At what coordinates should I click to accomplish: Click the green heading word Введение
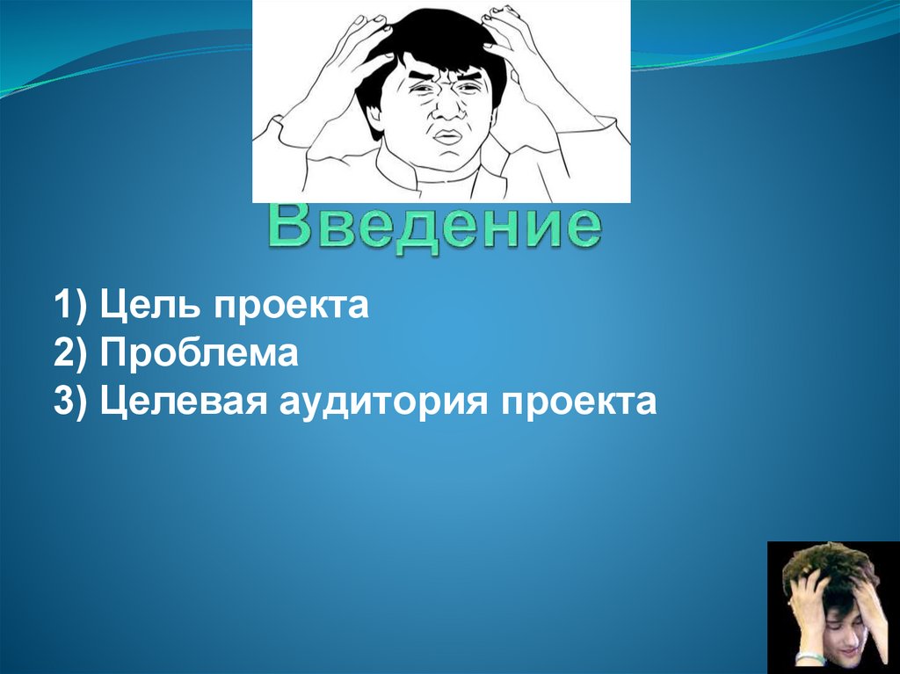coord(435,226)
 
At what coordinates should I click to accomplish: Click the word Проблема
coord(200,355)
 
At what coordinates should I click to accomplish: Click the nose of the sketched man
coord(447,108)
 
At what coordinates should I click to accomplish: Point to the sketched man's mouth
coord(448,136)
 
